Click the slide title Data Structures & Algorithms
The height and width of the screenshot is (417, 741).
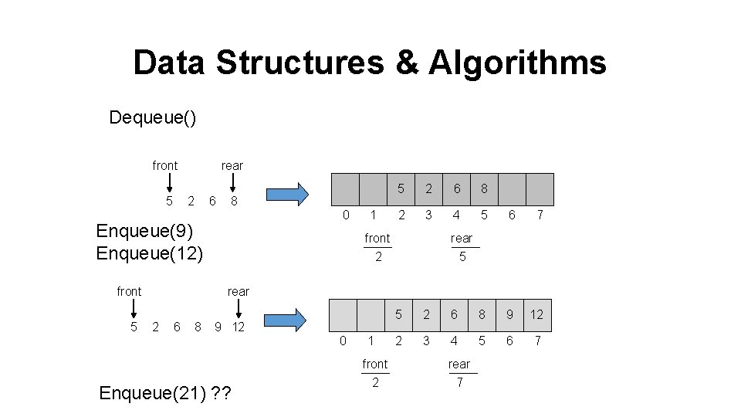coord(369,63)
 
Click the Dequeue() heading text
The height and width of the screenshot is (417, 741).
coord(153,117)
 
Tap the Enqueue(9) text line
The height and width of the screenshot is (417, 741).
coord(144,231)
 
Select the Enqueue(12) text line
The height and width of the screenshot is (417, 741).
coord(150,253)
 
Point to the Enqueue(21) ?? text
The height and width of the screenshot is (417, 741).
coord(165,393)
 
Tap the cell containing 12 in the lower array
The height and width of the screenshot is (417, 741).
coord(537,314)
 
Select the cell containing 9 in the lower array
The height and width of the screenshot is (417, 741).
coord(509,314)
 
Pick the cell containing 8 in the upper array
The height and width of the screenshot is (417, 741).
coord(485,188)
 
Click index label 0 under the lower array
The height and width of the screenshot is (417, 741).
coord(343,341)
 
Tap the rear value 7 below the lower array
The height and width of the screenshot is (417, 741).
coord(460,383)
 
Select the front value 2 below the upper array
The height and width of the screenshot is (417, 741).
coord(378,257)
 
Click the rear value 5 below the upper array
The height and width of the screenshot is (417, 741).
coord(462,257)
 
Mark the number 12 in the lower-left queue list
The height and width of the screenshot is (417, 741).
coord(239,327)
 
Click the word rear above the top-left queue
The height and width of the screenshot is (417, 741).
coord(232,165)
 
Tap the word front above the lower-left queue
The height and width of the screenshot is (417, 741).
coord(129,291)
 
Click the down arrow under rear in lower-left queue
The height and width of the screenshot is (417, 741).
coord(240,308)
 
